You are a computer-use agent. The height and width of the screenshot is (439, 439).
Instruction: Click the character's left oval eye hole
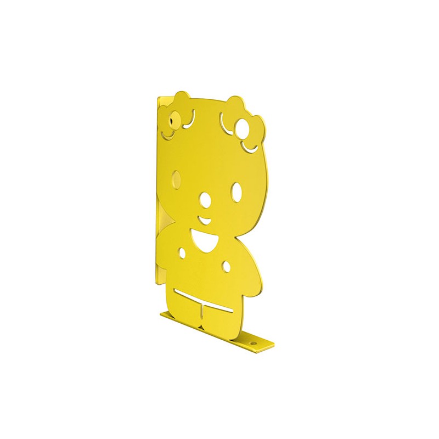point(176,178)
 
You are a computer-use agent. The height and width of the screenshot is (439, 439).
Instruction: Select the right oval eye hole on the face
point(237,191)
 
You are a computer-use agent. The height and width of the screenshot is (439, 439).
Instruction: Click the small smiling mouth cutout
point(204,221)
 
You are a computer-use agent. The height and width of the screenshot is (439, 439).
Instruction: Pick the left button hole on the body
point(182,253)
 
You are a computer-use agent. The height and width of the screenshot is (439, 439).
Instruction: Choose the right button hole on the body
point(226,266)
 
